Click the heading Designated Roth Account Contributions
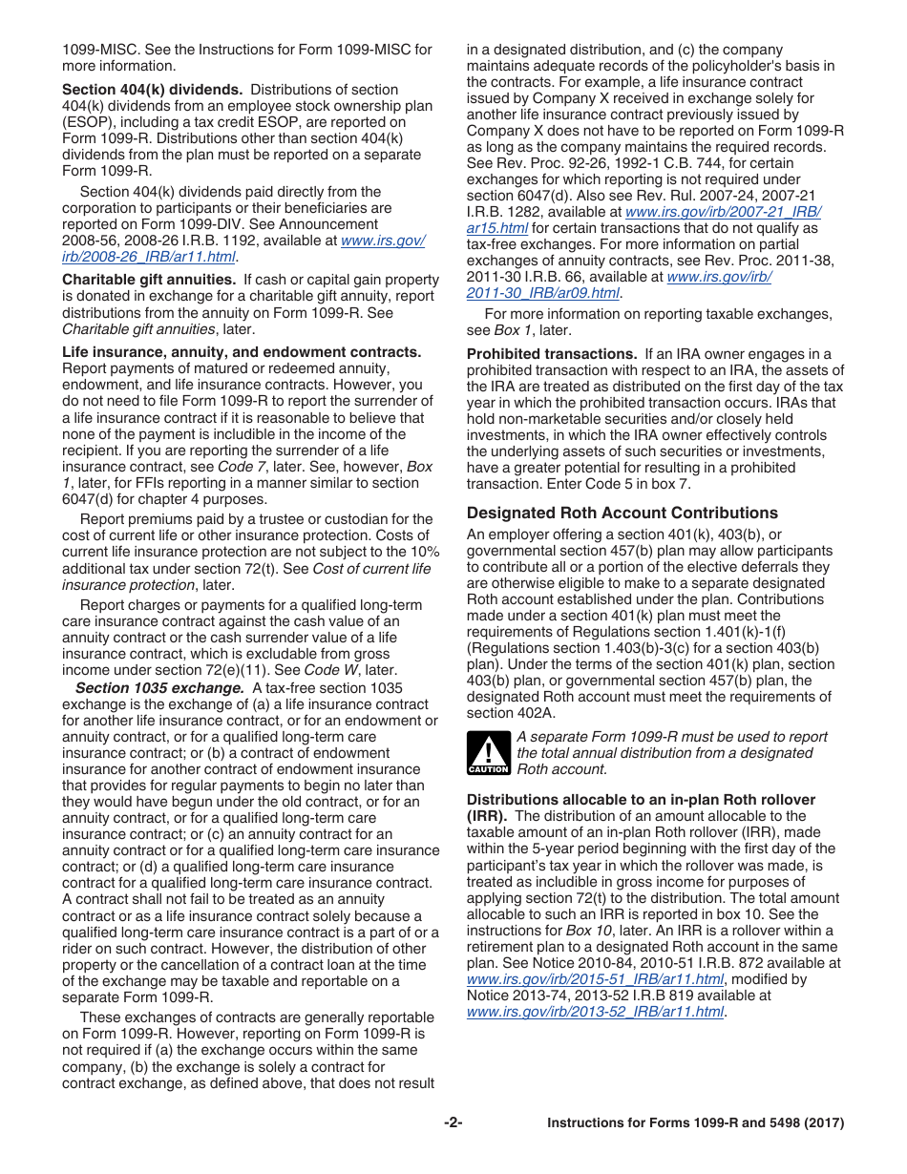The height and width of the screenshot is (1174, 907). point(622,513)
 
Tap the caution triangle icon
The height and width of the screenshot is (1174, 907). point(488,753)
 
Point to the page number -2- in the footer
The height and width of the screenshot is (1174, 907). point(453,1123)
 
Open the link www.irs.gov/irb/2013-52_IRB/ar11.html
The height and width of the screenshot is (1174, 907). point(595,1012)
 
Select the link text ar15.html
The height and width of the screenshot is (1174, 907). point(496,228)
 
